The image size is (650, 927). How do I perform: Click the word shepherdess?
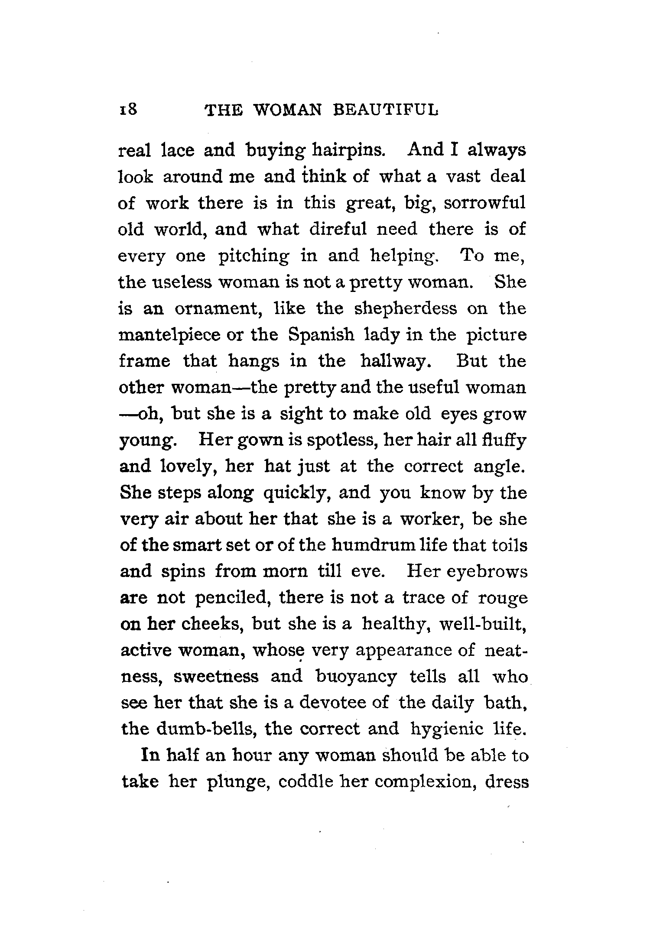tap(405, 308)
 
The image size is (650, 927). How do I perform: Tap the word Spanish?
tap(321, 335)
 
